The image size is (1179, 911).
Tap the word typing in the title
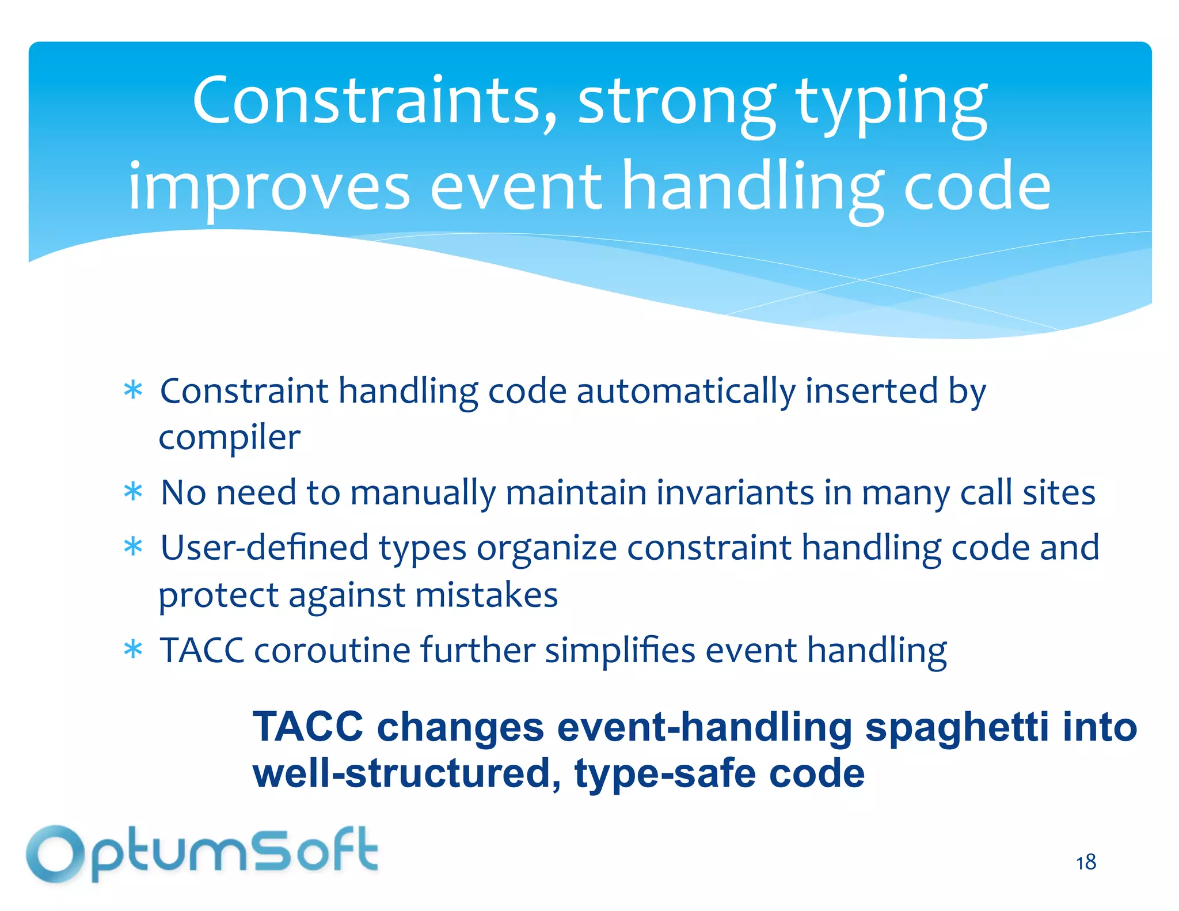click(892, 104)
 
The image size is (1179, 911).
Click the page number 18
click(1086, 863)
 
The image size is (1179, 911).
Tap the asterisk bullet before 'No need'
click(133, 493)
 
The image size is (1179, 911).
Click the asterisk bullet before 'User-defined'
click(133, 548)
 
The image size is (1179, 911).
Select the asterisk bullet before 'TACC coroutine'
click(133, 650)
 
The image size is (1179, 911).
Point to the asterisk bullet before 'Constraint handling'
click(133, 391)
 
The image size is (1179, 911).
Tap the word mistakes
click(486, 595)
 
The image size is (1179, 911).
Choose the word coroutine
click(332, 651)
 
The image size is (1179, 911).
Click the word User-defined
click(264, 548)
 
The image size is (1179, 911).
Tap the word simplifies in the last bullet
click(620, 651)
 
